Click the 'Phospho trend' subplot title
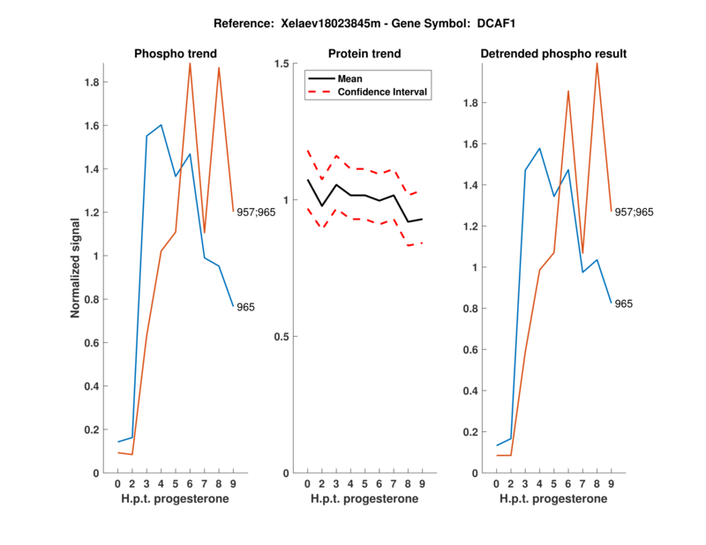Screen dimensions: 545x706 click(x=175, y=54)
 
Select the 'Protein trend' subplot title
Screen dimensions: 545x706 click(x=364, y=54)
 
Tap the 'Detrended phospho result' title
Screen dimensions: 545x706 click(x=553, y=54)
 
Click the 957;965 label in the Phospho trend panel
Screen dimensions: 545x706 click(x=256, y=212)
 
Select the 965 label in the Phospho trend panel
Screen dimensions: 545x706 click(x=246, y=307)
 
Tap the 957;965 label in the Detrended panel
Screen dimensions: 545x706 click(x=634, y=212)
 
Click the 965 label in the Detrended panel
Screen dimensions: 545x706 click(x=624, y=303)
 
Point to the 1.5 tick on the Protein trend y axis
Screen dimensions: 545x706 click(x=282, y=63)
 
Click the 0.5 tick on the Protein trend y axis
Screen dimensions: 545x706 click(x=282, y=336)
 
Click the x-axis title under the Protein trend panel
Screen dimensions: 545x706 click(x=364, y=500)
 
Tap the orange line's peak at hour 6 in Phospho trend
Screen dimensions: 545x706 click(x=190, y=63)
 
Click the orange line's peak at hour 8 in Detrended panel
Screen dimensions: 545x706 click(x=597, y=63)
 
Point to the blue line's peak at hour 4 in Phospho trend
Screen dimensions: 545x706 click(x=161, y=125)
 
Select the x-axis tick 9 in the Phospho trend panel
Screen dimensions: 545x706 click(x=233, y=484)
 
